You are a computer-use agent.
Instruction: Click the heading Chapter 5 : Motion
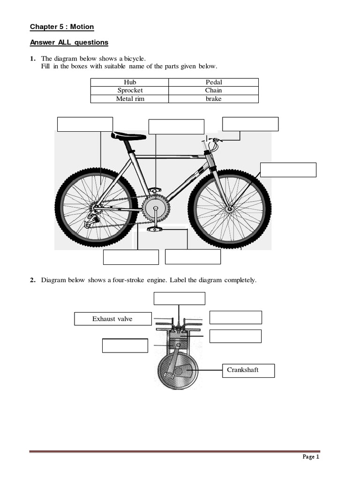pos(62,27)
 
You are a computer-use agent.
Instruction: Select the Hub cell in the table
pos(130,82)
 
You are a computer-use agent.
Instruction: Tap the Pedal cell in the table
pos(213,82)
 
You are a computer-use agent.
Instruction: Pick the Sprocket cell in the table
pos(130,90)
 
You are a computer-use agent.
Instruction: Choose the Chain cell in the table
pos(213,90)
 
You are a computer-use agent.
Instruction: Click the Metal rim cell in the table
pos(130,99)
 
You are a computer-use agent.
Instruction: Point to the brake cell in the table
pos(213,99)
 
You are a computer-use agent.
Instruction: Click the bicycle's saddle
pos(128,136)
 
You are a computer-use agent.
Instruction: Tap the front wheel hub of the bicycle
pos(230,208)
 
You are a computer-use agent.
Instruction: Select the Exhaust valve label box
pos(113,319)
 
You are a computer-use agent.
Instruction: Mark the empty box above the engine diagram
pos(180,299)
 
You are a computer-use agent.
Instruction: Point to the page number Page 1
pos(311,457)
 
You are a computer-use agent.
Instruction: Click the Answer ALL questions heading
pos(69,43)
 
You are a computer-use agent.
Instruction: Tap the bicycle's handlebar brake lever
pos(216,140)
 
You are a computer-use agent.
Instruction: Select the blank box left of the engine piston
pos(125,345)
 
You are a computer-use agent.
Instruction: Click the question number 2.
pos(32,280)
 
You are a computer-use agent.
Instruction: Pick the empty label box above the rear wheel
pos(85,124)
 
